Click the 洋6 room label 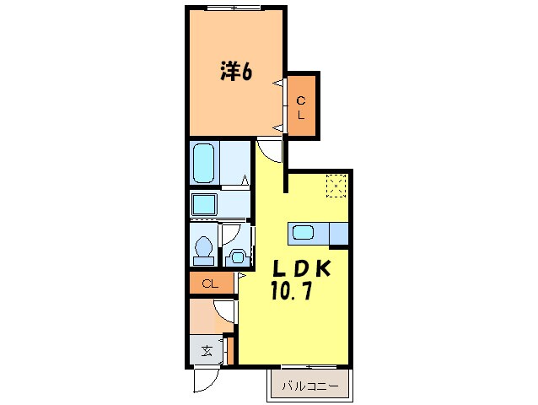click(237, 73)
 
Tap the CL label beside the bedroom click(300, 108)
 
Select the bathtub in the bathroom click(203, 163)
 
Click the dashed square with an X click(336, 186)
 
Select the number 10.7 click(292, 294)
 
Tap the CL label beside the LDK click(210, 284)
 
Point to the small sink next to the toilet click(236, 256)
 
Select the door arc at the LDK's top click(271, 151)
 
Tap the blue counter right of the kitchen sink click(339, 234)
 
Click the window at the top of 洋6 click(234, 8)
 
